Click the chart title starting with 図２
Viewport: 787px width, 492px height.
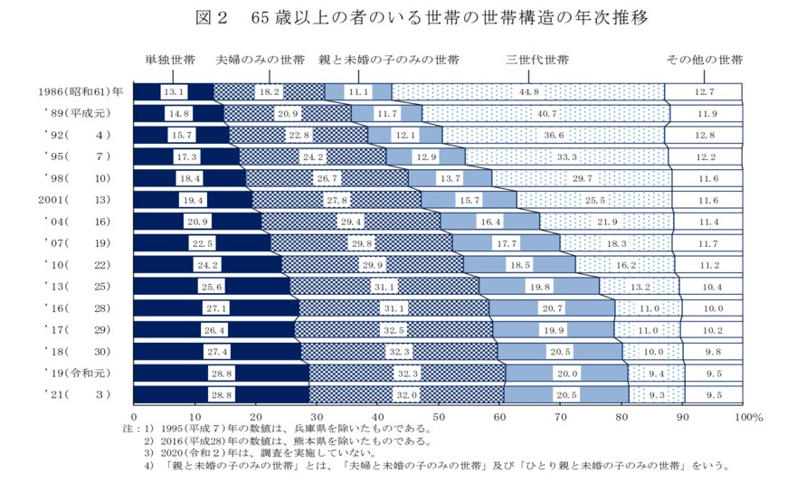coord(394,18)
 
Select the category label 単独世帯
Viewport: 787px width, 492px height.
coord(170,61)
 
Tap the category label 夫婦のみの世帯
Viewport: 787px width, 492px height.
coord(261,61)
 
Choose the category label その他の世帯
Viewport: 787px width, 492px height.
coord(705,61)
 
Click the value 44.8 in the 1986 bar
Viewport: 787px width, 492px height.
coord(530,91)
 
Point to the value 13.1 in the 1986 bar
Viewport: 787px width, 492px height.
coord(174,91)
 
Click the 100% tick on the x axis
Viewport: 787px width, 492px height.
coord(750,417)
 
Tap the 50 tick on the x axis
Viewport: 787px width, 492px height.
coord(438,417)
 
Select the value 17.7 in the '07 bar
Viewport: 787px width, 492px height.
coord(506,243)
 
